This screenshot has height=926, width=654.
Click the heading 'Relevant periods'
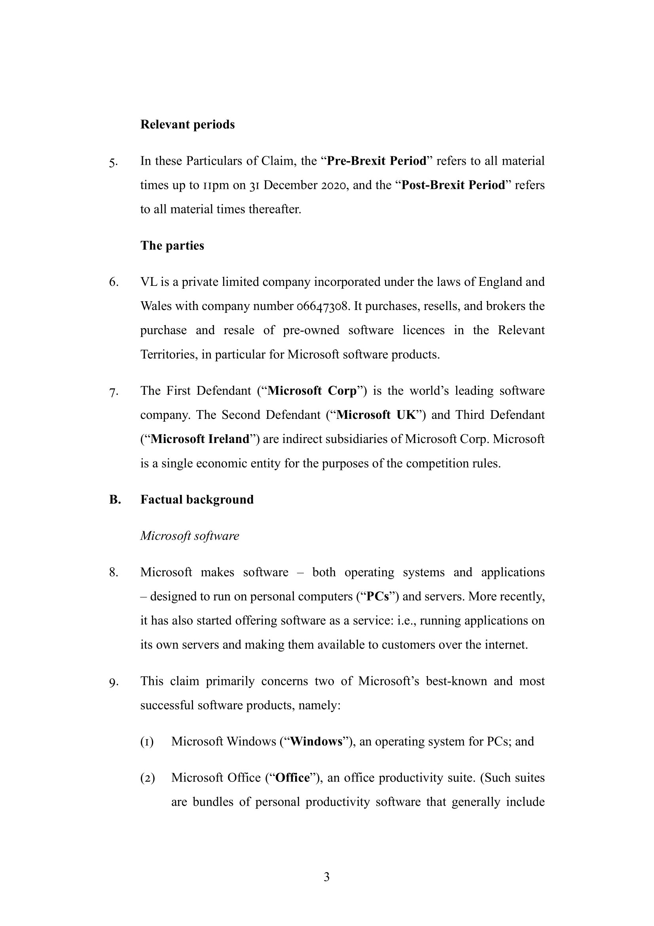tap(188, 125)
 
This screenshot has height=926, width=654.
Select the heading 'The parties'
tap(172, 245)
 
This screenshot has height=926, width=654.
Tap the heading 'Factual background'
tap(197, 500)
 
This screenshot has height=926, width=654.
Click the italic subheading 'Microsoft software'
tap(190, 536)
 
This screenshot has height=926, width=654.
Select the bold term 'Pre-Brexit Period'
tap(376, 161)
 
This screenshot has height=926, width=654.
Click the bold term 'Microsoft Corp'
tap(312, 391)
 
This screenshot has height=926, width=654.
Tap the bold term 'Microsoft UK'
tap(375, 415)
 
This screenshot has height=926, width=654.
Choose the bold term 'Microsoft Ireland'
tap(200, 439)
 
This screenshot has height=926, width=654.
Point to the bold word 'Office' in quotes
tap(292, 778)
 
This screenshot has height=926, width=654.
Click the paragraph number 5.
tap(113, 162)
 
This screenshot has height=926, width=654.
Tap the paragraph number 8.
tap(113, 573)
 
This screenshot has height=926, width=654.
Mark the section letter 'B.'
tap(115, 500)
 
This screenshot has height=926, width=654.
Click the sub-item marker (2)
tap(148, 778)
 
